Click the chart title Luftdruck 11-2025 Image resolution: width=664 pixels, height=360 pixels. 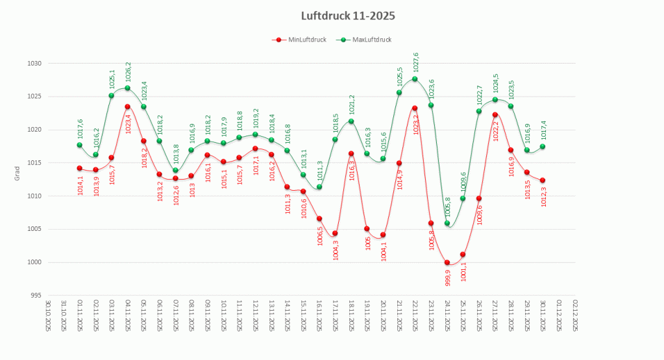point(348,16)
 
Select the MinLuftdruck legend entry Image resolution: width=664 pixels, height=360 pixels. point(302,40)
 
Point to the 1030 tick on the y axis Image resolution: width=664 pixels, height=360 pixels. point(34,64)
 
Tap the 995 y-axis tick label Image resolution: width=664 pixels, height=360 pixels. point(36,295)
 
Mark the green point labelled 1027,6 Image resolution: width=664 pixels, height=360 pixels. point(415,79)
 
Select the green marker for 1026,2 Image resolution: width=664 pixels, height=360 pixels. point(127,88)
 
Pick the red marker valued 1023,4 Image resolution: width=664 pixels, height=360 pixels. point(127,106)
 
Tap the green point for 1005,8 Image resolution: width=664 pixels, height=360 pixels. point(447,223)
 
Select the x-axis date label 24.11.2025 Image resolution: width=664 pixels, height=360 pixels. point(447,315)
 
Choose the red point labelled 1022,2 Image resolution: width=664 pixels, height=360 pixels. point(495,115)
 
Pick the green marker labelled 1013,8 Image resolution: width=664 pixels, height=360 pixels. point(175,170)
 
